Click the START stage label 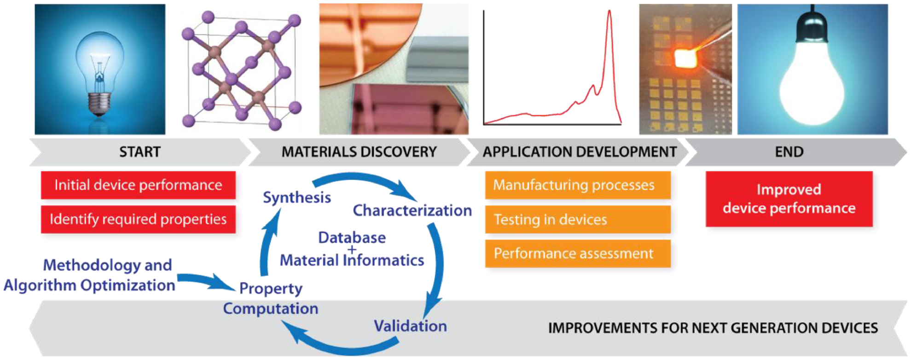click(x=139, y=152)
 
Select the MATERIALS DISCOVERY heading click(x=359, y=152)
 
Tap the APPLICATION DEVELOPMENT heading click(x=580, y=152)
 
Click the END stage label click(x=789, y=152)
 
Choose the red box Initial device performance click(x=138, y=185)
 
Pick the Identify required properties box click(x=138, y=219)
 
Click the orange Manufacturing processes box click(x=577, y=185)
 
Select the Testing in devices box click(x=577, y=220)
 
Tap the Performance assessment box click(x=577, y=254)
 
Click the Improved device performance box click(x=789, y=199)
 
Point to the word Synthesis click(x=297, y=197)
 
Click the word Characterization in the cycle click(x=412, y=210)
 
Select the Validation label click(x=410, y=326)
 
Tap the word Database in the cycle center click(x=352, y=238)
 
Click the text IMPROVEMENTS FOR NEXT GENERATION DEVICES click(x=713, y=328)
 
